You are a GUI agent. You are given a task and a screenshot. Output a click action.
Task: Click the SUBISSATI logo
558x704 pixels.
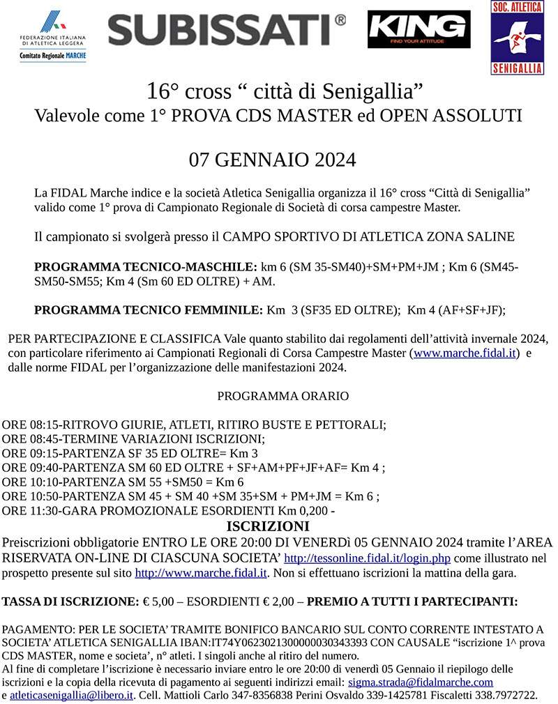(227, 30)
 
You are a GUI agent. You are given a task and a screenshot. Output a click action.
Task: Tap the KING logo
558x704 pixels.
(418, 29)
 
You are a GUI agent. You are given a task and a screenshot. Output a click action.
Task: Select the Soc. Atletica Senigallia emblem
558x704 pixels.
(518, 38)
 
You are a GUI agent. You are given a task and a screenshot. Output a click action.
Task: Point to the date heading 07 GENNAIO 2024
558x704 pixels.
(273, 160)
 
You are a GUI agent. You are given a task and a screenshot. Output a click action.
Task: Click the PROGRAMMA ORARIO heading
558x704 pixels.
(283, 396)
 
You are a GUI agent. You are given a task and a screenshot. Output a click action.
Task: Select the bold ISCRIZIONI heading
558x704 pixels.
(268, 526)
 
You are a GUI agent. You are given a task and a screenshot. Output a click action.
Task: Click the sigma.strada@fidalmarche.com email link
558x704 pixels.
(421, 682)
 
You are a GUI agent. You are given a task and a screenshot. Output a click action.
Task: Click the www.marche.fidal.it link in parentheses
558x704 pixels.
(465, 353)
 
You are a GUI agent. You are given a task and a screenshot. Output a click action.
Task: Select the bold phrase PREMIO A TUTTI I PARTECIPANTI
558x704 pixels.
(412, 600)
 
